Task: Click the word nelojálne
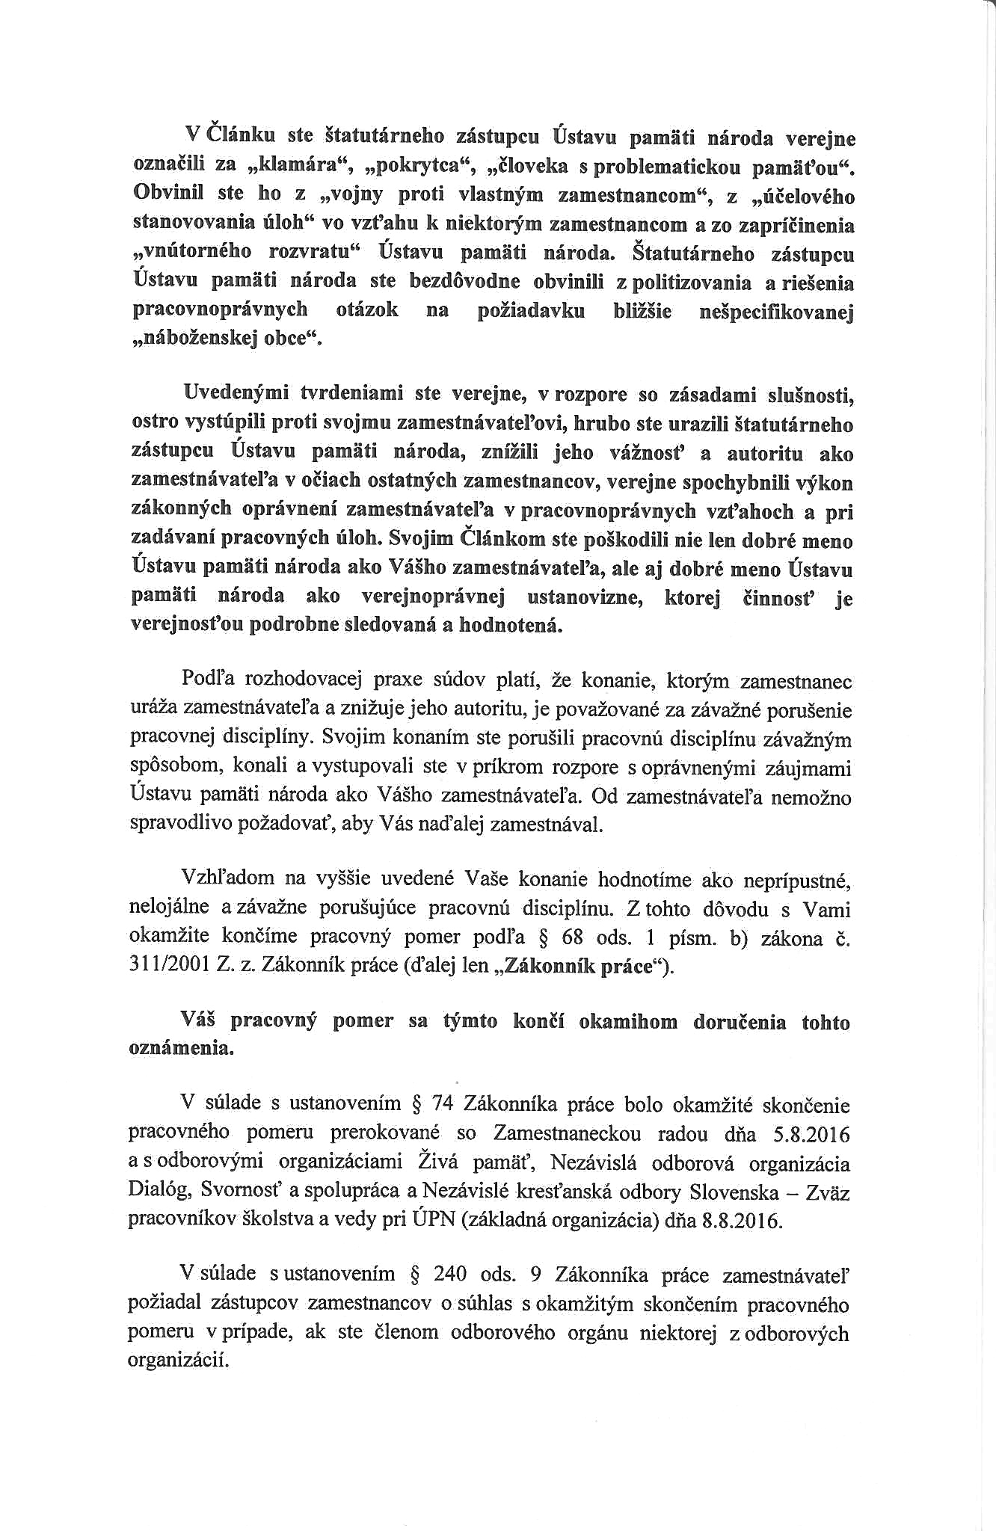(x=171, y=908)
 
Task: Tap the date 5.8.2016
(x=808, y=1135)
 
